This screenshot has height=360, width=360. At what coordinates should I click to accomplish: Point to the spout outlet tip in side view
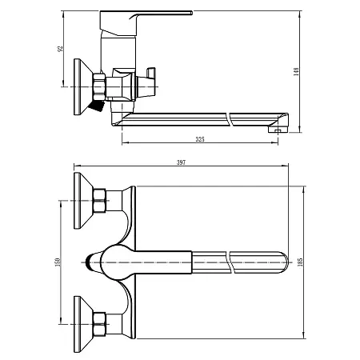pyautogui.click(x=278, y=126)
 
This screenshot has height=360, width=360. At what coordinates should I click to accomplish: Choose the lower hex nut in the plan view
pyautogui.click(x=101, y=322)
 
